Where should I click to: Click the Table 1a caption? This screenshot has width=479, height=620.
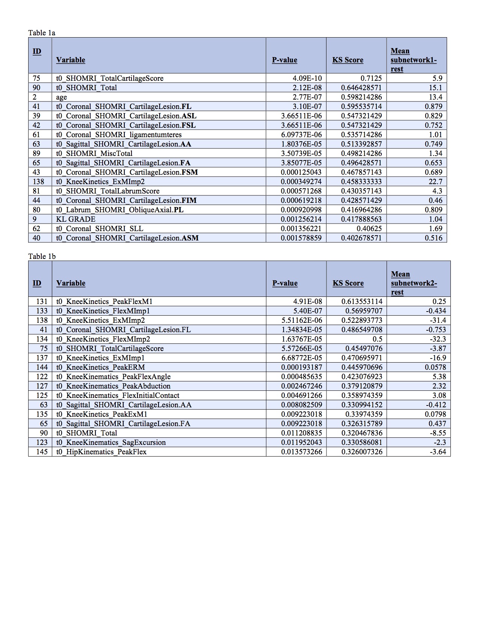click(42, 33)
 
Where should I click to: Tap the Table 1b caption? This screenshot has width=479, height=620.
click(42, 256)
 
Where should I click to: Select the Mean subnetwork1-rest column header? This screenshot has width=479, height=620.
click(413, 60)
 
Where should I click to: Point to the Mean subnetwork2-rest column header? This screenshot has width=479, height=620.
click(414, 283)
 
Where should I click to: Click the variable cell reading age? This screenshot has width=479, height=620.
click(62, 97)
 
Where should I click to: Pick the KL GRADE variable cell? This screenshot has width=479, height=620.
click(76, 219)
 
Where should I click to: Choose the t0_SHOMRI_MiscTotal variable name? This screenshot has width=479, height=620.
click(94, 153)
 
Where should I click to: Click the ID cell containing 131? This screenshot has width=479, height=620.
click(42, 301)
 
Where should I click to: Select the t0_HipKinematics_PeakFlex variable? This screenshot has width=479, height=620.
click(101, 452)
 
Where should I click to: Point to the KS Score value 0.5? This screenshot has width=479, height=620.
click(377, 339)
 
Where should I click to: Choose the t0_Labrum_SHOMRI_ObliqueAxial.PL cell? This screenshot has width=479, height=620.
click(120, 210)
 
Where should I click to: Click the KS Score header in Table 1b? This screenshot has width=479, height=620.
click(348, 283)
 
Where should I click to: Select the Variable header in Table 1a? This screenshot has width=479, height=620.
click(71, 60)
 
